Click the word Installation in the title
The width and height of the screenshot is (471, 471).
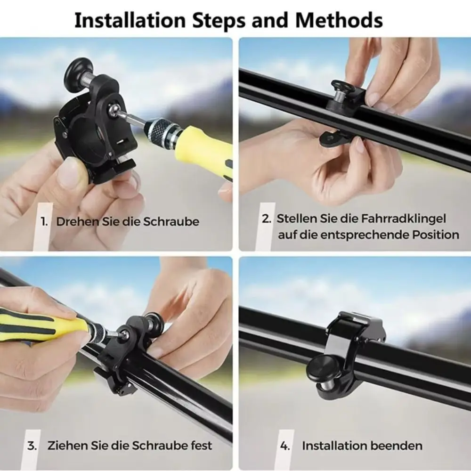[x=130, y=20]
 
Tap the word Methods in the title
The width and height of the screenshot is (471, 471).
[x=339, y=20]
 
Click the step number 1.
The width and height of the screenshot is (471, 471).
[x=44, y=222]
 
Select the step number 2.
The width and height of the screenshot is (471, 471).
[x=266, y=219]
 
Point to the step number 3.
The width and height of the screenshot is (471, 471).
[x=32, y=446]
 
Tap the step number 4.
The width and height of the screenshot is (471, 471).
[x=285, y=446]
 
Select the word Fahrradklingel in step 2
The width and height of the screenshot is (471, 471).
[x=403, y=219]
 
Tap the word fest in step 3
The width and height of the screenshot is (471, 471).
[x=202, y=445]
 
